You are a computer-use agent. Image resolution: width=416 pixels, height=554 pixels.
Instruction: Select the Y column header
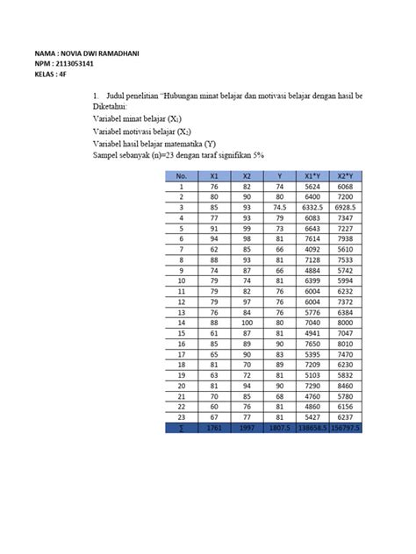(x=278, y=175)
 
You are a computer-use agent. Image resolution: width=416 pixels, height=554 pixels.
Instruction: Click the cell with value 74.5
(x=278, y=207)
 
